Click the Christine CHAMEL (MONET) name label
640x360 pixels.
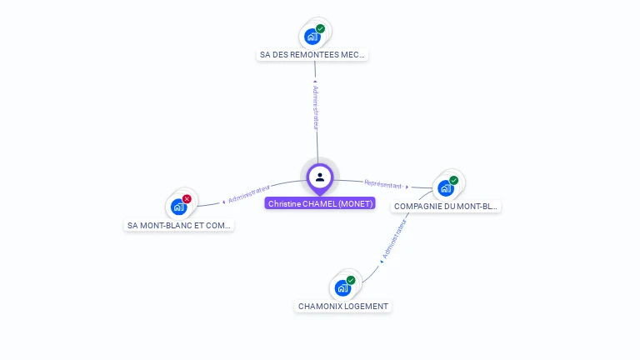[x=320, y=203]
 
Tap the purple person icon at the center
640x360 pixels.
[x=320, y=177]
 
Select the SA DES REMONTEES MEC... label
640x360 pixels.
[x=312, y=55]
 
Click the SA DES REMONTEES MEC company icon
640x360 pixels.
[x=312, y=37]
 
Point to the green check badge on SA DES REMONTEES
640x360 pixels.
[x=321, y=28]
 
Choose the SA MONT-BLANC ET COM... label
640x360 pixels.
[x=179, y=225]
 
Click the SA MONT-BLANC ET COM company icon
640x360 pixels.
[x=178, y=207]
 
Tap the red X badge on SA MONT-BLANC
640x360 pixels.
[x=187, y=198]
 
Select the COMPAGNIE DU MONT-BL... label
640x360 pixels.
[x=447, y=206]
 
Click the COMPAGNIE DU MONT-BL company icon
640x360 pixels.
[x=446, y=188]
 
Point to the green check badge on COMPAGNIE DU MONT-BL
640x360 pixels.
[x=454, y=180]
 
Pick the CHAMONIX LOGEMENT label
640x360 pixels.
[x=343, y=306]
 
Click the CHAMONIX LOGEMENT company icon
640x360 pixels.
[x=342, y=288]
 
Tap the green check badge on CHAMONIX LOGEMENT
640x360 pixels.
[x=351, y=280]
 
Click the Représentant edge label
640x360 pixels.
[x=382, y=184]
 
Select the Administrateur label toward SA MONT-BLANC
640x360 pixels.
[x=249, y=195]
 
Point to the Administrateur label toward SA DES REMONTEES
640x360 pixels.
[x=315, y=107]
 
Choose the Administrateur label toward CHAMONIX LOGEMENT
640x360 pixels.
[x=394, y=239]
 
